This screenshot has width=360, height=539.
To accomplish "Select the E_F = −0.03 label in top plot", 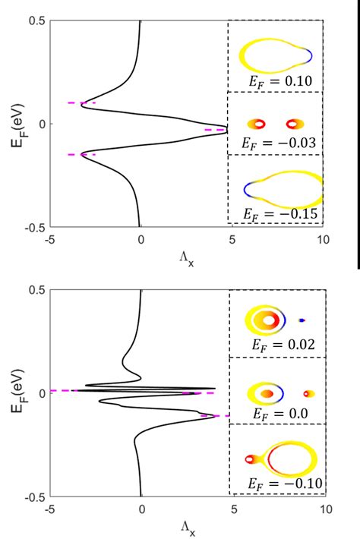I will [x=275, y=141].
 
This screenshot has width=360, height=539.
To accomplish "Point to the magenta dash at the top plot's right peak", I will [x=216, y=130].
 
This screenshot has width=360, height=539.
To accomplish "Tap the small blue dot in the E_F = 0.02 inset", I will [x=302, y=320].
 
